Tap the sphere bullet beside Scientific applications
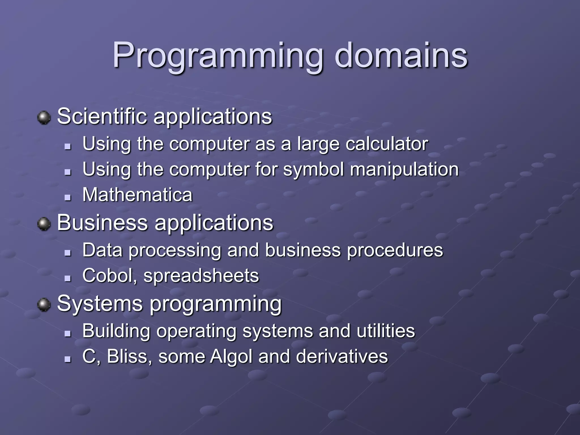tap(44, 118)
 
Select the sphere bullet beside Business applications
tap(44, 224)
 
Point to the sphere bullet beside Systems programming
tap(44, 305)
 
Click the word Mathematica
tap(137, 195)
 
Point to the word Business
tap(103, 223)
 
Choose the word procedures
tap(395, 250)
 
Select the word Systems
tap(100, 304)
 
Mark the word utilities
tap(386, 331)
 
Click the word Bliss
tap(129, 356)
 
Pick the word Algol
tap(231, 357)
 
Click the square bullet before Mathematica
tap(67, 197)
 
